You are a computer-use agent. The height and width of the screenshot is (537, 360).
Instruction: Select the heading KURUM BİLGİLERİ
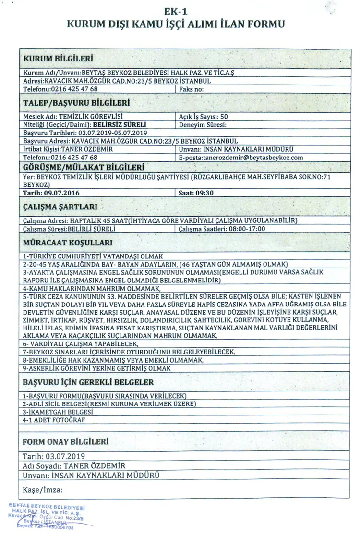pyautogui.click(x=58, y=59)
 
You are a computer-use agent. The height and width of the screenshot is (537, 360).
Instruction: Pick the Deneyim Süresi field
pyautogui.click(x=202, y=124)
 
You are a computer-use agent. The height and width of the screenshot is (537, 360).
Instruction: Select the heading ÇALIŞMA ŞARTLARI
pyautogui.click(x=60, y=207)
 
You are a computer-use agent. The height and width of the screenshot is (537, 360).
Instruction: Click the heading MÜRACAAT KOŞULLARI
pyautogui.click(x=69, y=243)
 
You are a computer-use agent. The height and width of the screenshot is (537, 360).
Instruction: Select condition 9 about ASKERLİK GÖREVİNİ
pyautogui.click(x=96, y=368)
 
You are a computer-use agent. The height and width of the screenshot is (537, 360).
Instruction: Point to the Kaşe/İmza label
pyautogui.click(x=43, y=490)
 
